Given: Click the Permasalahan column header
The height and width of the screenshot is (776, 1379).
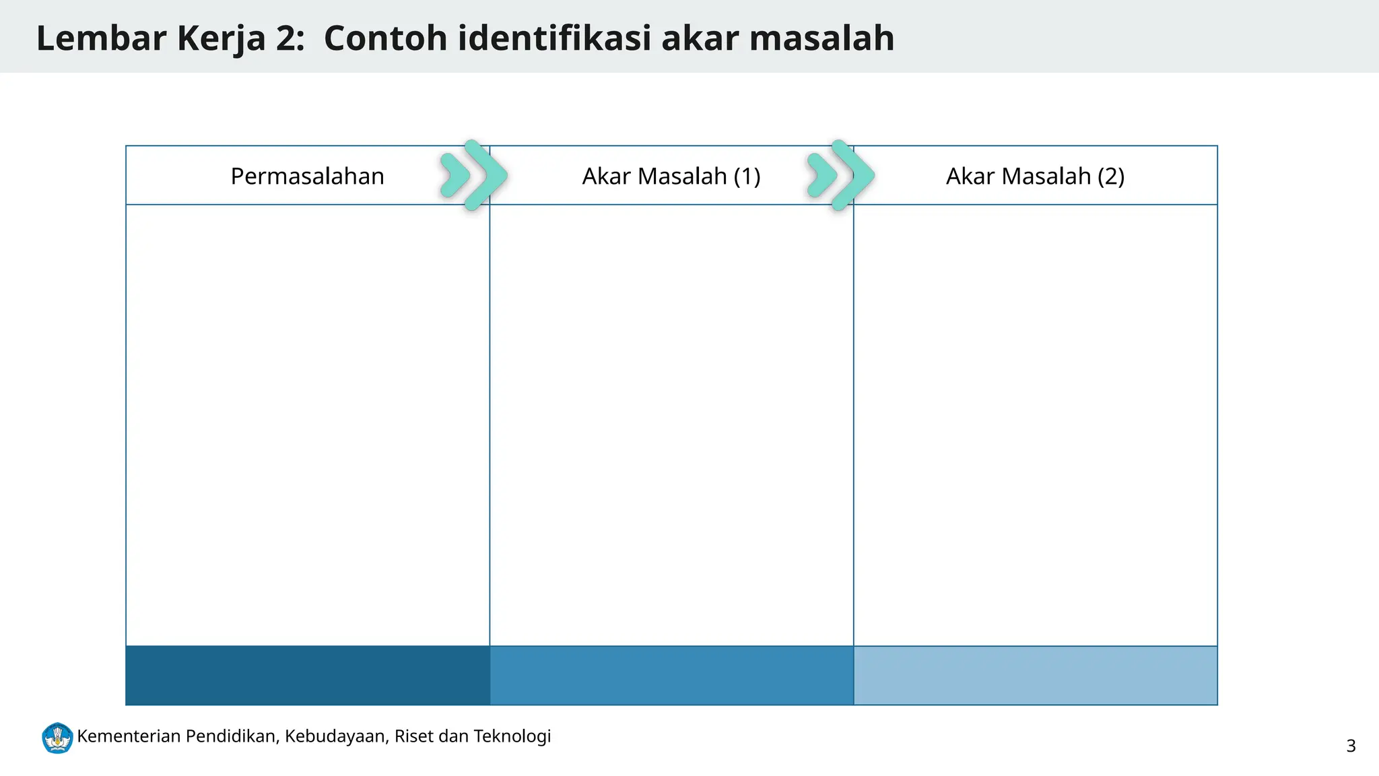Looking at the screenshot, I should (307, 176).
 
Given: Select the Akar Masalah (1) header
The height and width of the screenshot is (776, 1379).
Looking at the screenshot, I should (671, 176).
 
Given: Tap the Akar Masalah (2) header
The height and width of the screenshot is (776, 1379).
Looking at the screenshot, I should (1035, 176).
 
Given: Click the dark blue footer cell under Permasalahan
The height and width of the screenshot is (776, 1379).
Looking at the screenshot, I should (308, 675).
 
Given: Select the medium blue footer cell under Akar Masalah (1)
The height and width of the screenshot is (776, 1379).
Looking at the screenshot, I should (671, 675).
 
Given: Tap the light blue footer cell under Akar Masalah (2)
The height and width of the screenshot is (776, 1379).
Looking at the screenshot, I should (1035, 675).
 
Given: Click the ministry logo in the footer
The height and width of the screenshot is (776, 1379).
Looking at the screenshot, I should (57, 738).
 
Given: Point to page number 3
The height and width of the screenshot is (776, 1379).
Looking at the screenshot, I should (1351, 746).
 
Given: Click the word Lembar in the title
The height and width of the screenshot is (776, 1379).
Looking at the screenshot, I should (101, 38).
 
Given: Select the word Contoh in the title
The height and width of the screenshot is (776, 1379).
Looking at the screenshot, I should (385, 38).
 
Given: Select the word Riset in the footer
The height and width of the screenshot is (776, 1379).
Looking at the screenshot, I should (413, 736).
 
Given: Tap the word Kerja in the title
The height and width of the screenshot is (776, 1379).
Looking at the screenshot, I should (222, 38).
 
